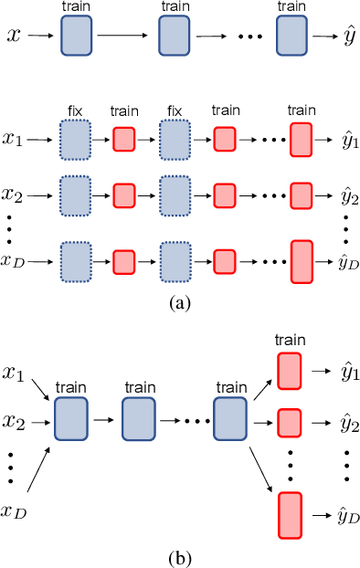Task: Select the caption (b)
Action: point(181,555)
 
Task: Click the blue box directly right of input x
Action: point(75,37)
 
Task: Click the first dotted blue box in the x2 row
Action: point(75,195)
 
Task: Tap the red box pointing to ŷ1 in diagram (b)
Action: point(289,373)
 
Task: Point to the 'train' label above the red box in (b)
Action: point(289,339)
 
